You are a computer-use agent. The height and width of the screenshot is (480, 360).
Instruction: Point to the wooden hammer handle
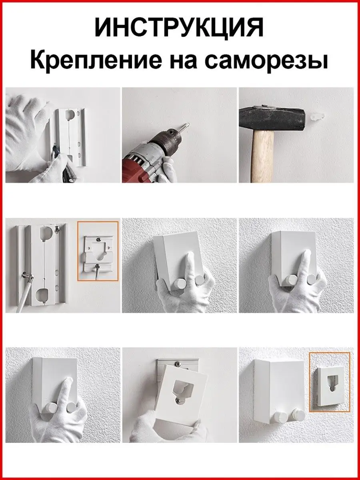(x=263, y=158)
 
